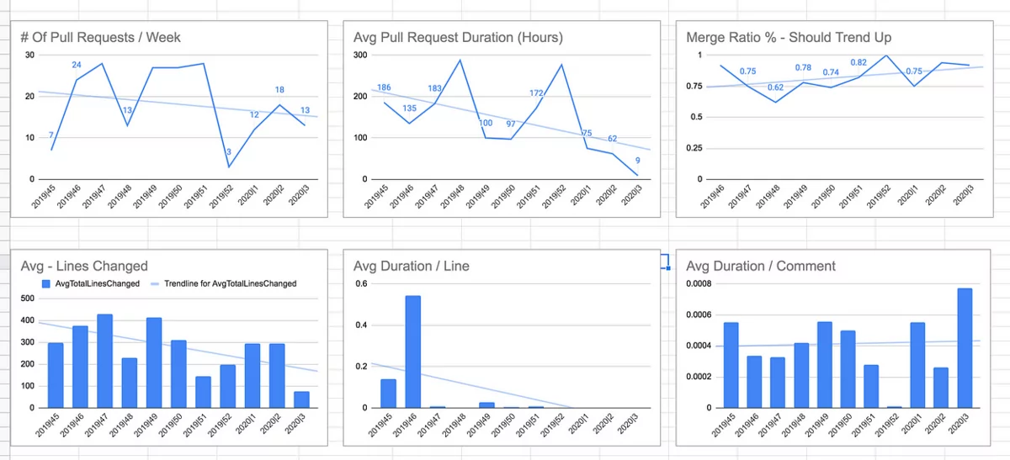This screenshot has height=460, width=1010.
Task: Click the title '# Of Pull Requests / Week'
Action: [100, 37]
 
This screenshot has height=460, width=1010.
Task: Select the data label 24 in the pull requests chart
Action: [77, 65]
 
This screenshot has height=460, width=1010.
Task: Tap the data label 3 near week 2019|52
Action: [228, 152]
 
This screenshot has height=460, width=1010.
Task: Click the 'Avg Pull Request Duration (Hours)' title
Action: [458, 37]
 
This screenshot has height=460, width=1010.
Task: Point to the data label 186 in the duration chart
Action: [384, 87]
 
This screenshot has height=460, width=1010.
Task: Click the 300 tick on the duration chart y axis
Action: [361, 55]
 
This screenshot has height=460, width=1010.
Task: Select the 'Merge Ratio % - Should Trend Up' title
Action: [789, 37]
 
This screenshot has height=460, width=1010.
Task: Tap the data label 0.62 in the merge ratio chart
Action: [775, 87]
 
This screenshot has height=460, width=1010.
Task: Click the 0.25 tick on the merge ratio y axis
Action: [694, 148]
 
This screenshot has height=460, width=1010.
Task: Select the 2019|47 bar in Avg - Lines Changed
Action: [105, 361]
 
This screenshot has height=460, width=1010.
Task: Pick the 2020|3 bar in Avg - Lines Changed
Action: [301, 399]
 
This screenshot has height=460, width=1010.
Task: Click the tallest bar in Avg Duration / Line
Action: [413, 352]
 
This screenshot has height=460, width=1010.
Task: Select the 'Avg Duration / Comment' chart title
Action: [761, 266]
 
